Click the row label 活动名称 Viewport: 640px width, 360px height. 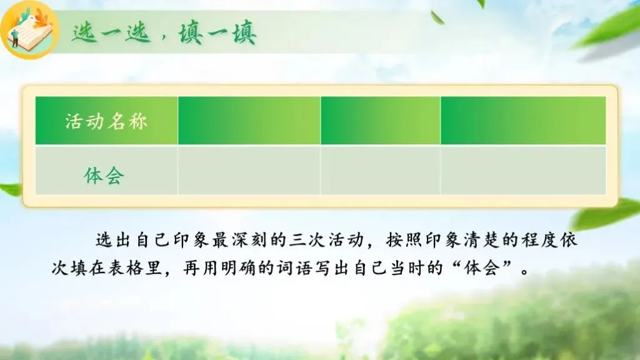tap(106, 121)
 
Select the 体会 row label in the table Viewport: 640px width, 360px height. tap(104, 176)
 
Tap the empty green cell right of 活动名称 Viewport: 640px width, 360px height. tap(249, 121)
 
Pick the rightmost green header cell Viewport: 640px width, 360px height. tap(523, 121)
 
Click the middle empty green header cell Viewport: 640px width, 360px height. tap(381, 121)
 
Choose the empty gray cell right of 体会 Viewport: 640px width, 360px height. tap(249, 170)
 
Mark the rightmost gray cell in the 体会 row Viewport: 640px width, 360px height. tap(523, 170)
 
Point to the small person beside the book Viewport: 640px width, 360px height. tap(16, 37)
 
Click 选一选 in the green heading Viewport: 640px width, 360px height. tap(111, 32)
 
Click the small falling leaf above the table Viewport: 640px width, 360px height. tap(437, 17)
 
